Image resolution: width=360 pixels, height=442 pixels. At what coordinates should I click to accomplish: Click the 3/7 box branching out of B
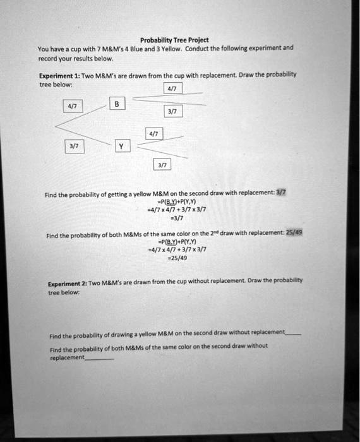click(172, 112)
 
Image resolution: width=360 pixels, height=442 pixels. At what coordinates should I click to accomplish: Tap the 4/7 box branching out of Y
click(153, 134)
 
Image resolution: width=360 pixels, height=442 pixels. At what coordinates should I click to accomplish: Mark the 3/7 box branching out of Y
click(162, 165)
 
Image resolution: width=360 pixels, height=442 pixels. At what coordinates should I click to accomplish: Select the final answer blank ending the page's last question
click(99, 357)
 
